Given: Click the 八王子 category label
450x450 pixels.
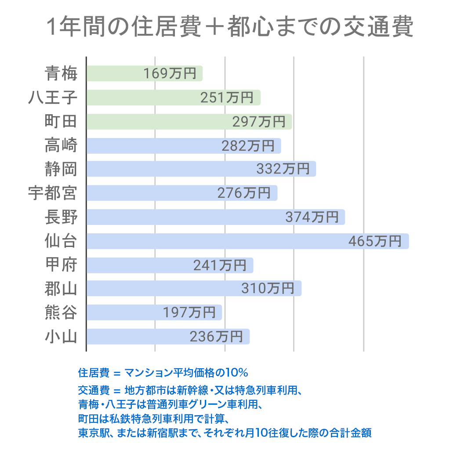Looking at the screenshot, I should (53, 98).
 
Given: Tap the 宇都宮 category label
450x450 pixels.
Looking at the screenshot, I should (53, 193).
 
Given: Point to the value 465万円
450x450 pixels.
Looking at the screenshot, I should (375, 241).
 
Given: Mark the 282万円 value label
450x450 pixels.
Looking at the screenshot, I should (248, 145).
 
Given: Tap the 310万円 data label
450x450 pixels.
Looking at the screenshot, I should (268, 289).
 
